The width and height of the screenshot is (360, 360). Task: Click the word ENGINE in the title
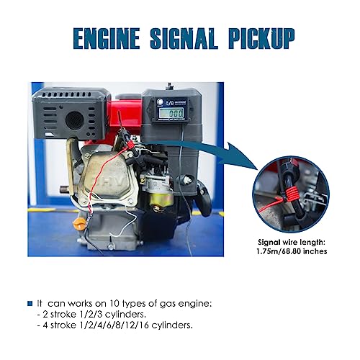pos(107,38)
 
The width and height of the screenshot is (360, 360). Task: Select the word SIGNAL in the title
pos(184,38)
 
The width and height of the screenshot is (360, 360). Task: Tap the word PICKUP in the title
pos(261,38)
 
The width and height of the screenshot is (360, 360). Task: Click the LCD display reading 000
pos(171,113)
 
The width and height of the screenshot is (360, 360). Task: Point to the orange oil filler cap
pos(79,224)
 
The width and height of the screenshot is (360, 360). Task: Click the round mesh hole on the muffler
pos(75,120)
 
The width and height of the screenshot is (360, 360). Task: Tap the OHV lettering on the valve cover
pos(112,181)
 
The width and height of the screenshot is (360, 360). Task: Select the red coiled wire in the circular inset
pos(289,193)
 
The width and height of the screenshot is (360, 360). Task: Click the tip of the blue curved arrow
pos(257,170)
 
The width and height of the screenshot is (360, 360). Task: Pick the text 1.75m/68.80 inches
pos(292,251)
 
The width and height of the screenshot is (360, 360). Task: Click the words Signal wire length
pos(292,243)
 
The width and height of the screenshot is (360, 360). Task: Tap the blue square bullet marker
pos(30,303)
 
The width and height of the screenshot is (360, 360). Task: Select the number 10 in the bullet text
pos(114,304)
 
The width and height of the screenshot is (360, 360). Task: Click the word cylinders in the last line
pos(172,325)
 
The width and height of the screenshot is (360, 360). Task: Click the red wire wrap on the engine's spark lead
pos(130,145)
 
